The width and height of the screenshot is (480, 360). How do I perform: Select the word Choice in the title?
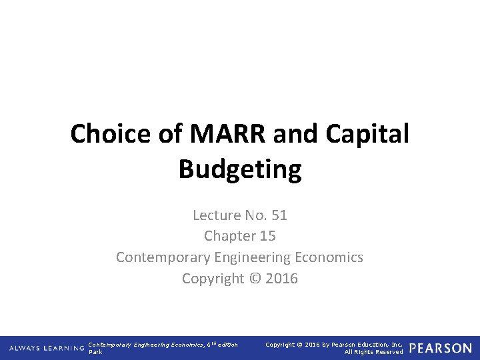[109, 134]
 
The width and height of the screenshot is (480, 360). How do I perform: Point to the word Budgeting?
[240, 169]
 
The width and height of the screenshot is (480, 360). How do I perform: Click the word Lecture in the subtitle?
[216, 215]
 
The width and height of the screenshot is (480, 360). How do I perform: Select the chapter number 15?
[267, 236]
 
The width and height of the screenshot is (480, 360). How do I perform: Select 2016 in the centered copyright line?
[281, 279]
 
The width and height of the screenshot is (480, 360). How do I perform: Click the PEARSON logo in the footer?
[441, 348]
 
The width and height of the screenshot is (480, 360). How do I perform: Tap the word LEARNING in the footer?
[63, 348]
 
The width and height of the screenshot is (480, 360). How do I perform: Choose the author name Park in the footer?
[96, 352]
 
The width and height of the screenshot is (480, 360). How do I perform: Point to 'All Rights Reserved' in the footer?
[373, 352]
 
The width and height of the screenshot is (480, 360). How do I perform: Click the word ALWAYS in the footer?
[24, 348]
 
